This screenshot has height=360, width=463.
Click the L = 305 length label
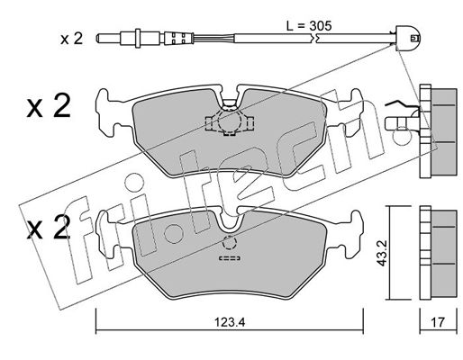point(309,26)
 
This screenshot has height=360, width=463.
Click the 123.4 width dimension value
point(230,322)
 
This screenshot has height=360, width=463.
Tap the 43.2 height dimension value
point(382,254)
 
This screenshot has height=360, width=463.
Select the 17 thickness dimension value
point(438,322)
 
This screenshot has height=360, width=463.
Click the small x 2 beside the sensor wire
point(71,39)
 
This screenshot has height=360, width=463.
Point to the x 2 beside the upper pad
point(49,105)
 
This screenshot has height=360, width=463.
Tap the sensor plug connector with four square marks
point(177,39)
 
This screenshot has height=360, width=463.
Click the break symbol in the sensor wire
point(314,38)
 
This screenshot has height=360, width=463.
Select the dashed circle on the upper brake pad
point(229,121)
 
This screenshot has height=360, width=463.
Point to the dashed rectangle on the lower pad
point(230,258)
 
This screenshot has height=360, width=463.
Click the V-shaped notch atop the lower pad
point(231,222)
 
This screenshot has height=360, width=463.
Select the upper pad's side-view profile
point(439,131)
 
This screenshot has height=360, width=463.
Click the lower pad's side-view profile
point(439,254)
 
